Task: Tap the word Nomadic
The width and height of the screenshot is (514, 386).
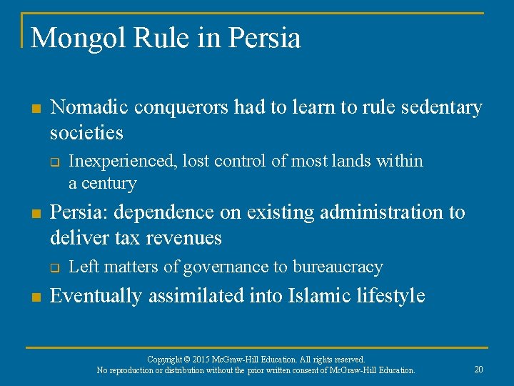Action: point(89,107)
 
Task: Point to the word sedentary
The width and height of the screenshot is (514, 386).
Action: point(442,107)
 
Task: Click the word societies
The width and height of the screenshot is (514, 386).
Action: point(86,133)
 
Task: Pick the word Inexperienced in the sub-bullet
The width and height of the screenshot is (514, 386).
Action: point(123,162)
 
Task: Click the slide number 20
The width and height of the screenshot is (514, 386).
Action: point(478,370)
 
